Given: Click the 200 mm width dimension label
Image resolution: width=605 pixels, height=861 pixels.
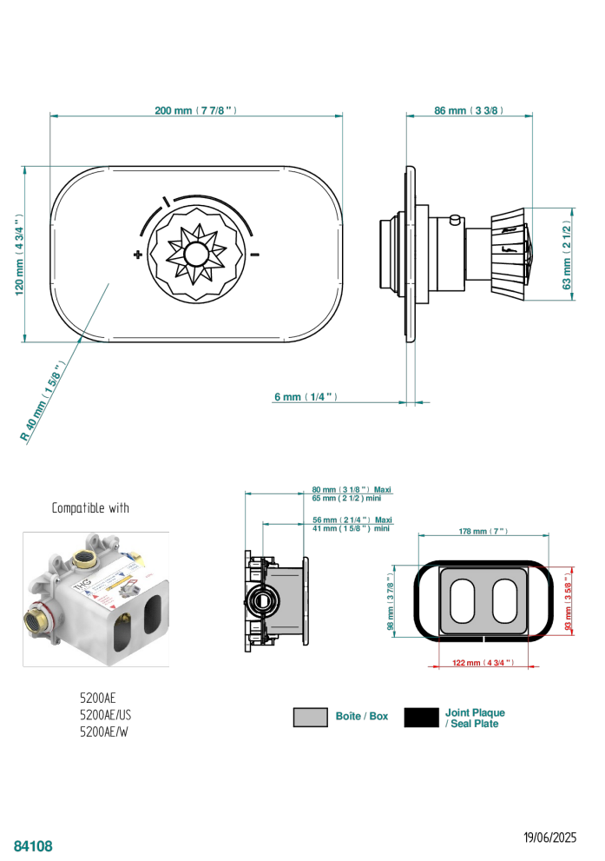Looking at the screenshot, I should click(196, 110).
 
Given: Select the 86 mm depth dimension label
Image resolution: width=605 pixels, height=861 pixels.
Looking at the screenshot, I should click(469, 110).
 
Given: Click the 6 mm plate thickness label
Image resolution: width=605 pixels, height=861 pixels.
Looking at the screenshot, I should click(306, 397).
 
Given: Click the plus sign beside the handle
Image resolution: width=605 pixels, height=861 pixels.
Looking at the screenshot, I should click(137, 255).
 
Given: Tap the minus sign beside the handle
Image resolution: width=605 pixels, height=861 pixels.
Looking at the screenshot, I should click(255, 255).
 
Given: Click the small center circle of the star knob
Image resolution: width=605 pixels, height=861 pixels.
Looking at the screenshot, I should click(195, 255).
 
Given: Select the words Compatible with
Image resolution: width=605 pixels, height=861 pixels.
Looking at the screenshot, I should click(90, 508).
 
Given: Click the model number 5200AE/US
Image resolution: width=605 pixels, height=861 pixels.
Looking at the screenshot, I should click(105, 715).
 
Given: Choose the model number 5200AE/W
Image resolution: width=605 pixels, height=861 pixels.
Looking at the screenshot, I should click(102, 732).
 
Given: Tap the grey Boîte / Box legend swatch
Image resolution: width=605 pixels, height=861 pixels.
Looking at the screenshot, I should click(310, 717).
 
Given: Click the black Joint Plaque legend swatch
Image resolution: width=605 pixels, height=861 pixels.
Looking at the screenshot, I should click(421, 717).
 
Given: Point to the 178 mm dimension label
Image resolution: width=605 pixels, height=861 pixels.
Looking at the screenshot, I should click(483, 531).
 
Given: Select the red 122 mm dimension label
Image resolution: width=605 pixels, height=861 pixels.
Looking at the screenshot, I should click(483, 663).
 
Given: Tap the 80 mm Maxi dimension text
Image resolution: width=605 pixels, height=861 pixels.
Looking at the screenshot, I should click(352, 490).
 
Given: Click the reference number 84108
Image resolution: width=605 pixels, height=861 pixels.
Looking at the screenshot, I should click(33, 845).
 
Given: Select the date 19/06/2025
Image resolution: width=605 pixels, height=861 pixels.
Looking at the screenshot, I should click(550, 838).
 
